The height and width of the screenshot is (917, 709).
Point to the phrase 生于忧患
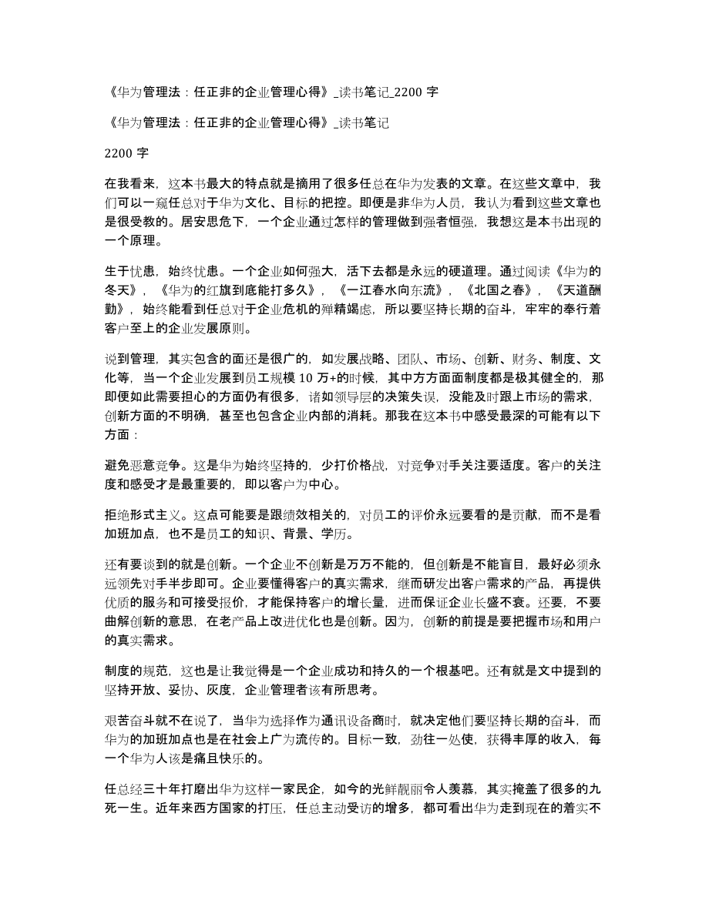click(x=128, y=269)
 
